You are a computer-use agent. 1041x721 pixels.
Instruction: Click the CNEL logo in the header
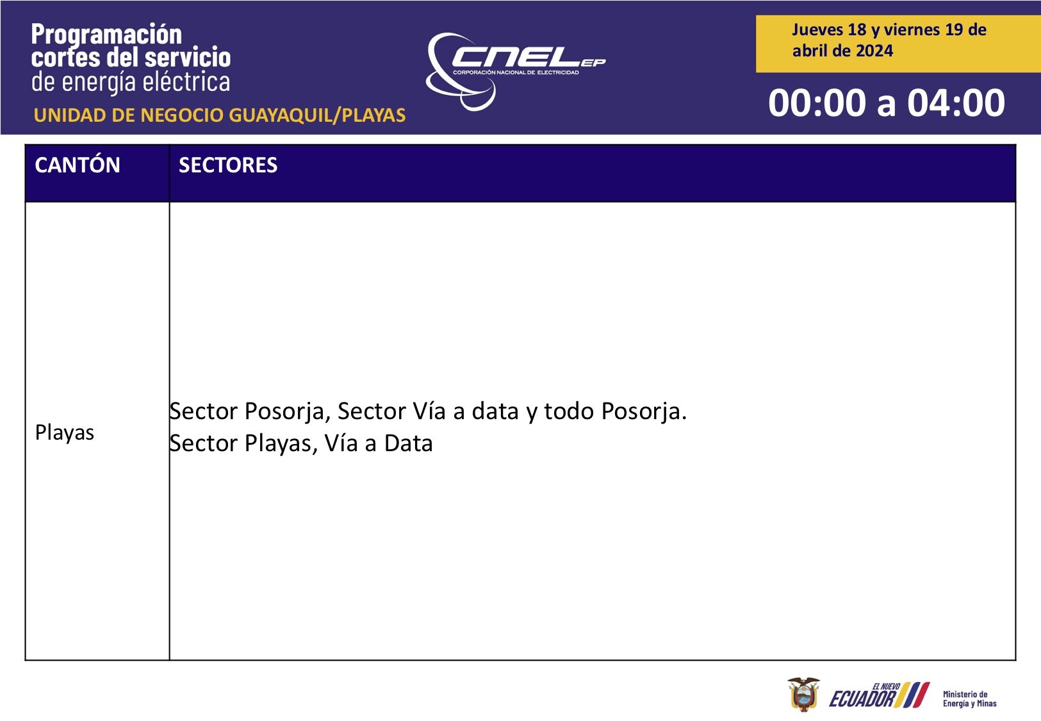point(516,72)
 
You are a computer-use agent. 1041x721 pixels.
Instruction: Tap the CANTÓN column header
point(78,165)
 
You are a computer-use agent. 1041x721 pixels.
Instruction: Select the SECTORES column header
point(228,165)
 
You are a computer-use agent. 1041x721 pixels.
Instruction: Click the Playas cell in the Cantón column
point(65,433)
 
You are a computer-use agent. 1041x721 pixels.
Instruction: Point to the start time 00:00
point(817,103)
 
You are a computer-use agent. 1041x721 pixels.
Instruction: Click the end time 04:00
point(956,103)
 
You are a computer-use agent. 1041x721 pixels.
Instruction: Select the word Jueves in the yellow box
point(817,29)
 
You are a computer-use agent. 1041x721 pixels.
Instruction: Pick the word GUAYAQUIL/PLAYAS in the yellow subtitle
point(317,116)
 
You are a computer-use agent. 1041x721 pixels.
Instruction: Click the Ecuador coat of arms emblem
point(803,694)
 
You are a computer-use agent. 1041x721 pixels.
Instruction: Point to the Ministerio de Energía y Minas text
point(969,699)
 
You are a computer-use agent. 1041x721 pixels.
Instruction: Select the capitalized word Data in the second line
point(409,443)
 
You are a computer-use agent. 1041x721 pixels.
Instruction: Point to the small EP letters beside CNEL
point(593,63)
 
